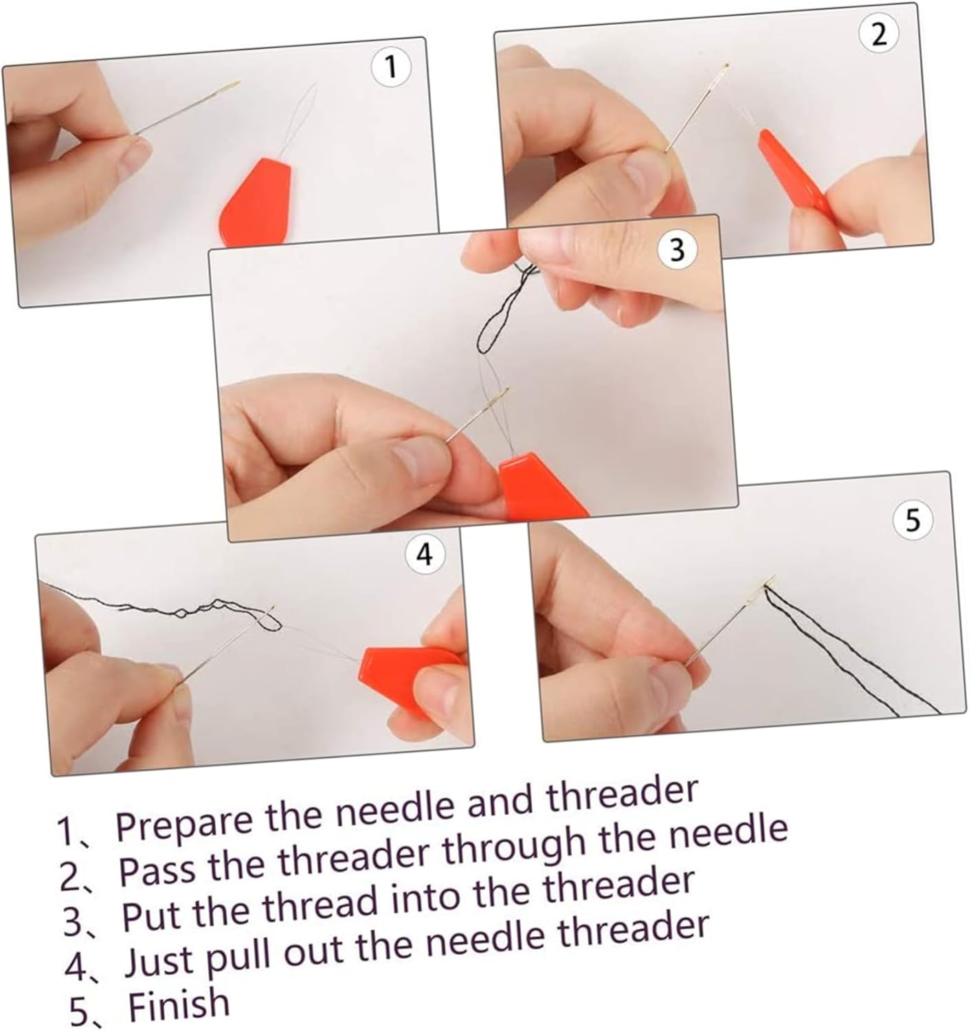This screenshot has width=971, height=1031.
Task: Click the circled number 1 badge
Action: [x=391, y=67]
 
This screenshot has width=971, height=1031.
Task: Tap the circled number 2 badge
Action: [x=878, y=35]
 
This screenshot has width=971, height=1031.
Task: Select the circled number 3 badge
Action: [x=678, y=250]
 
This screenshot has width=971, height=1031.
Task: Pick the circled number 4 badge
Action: [x=425, y=555]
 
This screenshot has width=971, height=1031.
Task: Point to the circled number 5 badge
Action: [x=913, y=520]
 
